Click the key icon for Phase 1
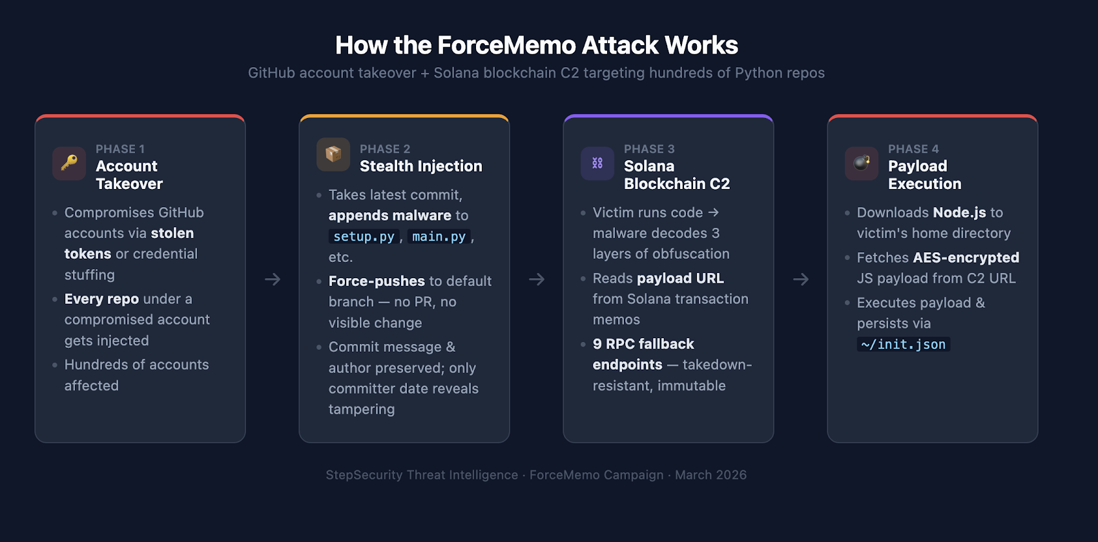pos(69,163)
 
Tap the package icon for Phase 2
pos(333,154)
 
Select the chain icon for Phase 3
pos(597,163)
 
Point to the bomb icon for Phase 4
pos(862,163)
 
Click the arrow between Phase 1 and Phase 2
pos(273,279)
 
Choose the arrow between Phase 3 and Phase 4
pos(801,279)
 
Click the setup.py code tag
pos(364,237)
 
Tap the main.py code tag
pos(439,237)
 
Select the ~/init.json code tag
pos(903,345)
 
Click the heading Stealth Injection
pos(420,166)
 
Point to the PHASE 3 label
pos(648,149)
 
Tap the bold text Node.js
pos(959,213)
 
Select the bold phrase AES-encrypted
pos(966,258)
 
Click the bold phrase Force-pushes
pos(377,281)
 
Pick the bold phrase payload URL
pos(680,279)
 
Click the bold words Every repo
pos(101,299)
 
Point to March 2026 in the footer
pos(710,475)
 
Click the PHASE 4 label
pos(913,149)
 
